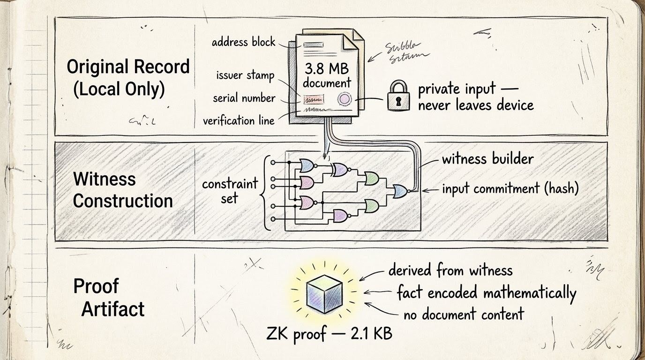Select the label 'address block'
243,42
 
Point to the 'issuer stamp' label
245,75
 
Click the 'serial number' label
244,98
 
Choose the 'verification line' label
238,120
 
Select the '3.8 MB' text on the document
327,69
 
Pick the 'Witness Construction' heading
123,190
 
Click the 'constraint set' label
230,190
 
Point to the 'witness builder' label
487,158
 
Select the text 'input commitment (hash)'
510,188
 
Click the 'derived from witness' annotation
450,270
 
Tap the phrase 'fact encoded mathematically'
486,293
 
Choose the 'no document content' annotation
463,314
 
